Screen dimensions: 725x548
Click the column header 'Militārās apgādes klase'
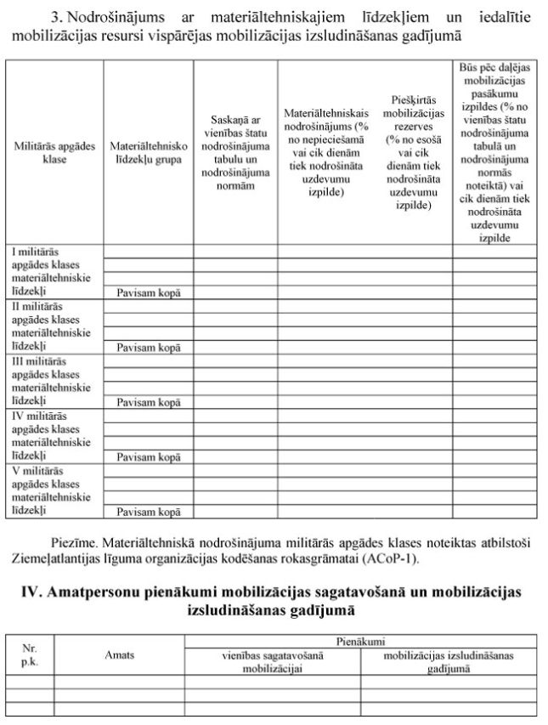[54, 152]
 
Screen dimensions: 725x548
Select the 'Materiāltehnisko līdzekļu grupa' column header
[149, 152]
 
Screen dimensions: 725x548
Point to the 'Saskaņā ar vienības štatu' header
[236, 152]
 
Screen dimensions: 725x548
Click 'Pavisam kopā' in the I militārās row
[149, 292]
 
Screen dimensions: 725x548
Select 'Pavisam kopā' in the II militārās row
[149, 347]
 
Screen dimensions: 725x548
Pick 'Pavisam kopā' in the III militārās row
[149, 402]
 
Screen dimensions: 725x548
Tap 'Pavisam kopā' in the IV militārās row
[149, 456]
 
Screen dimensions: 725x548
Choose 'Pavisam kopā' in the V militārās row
[149, 512]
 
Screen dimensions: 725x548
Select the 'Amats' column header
[119, 654]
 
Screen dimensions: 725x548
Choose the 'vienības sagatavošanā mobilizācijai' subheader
[272, 661]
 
